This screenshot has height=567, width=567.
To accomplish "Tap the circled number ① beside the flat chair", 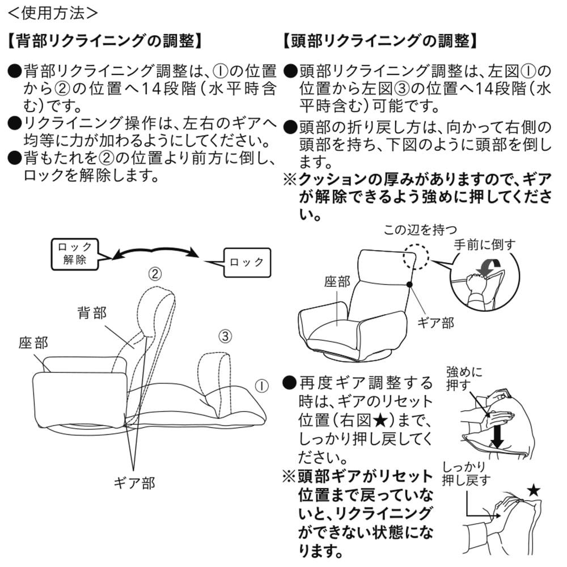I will point(260,386).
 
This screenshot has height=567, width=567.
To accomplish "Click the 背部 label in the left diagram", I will point(92,314).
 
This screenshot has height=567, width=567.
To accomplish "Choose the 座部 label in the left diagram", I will point(33,342).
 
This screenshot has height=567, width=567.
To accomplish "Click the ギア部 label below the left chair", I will point(134,483).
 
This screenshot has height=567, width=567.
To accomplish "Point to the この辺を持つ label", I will point(420,230).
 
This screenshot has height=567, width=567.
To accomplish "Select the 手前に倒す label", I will point(485,245).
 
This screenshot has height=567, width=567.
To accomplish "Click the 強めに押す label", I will point(464,379).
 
